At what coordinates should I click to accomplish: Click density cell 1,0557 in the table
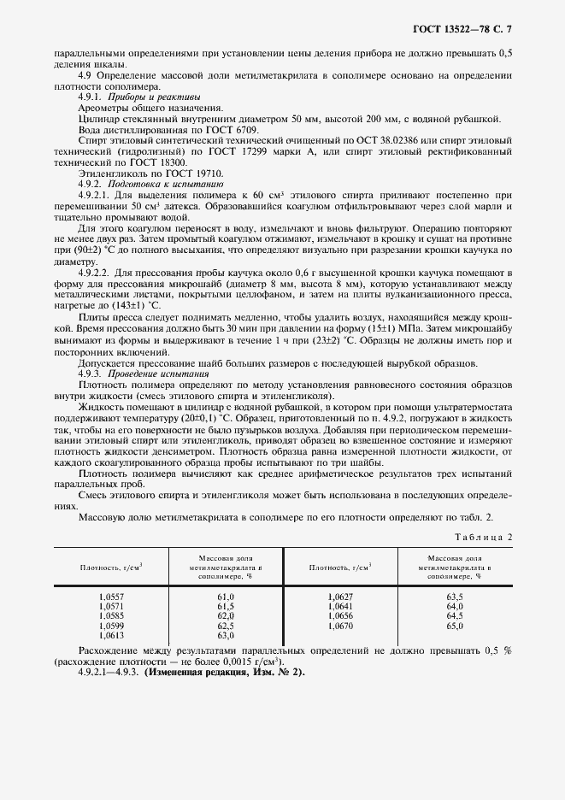coord(111,596)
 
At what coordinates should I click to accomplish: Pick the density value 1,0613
coord(111,635)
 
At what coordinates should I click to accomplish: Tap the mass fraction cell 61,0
coord(226,596)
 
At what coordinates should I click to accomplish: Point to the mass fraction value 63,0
coord(226,635)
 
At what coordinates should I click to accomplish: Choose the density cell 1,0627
coord(340,596)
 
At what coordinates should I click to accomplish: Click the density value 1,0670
coord(340,626)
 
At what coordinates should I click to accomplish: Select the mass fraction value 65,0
coord(454,626)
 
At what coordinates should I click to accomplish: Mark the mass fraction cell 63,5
coord(454,596)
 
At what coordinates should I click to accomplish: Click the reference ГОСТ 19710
coord(172,173)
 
